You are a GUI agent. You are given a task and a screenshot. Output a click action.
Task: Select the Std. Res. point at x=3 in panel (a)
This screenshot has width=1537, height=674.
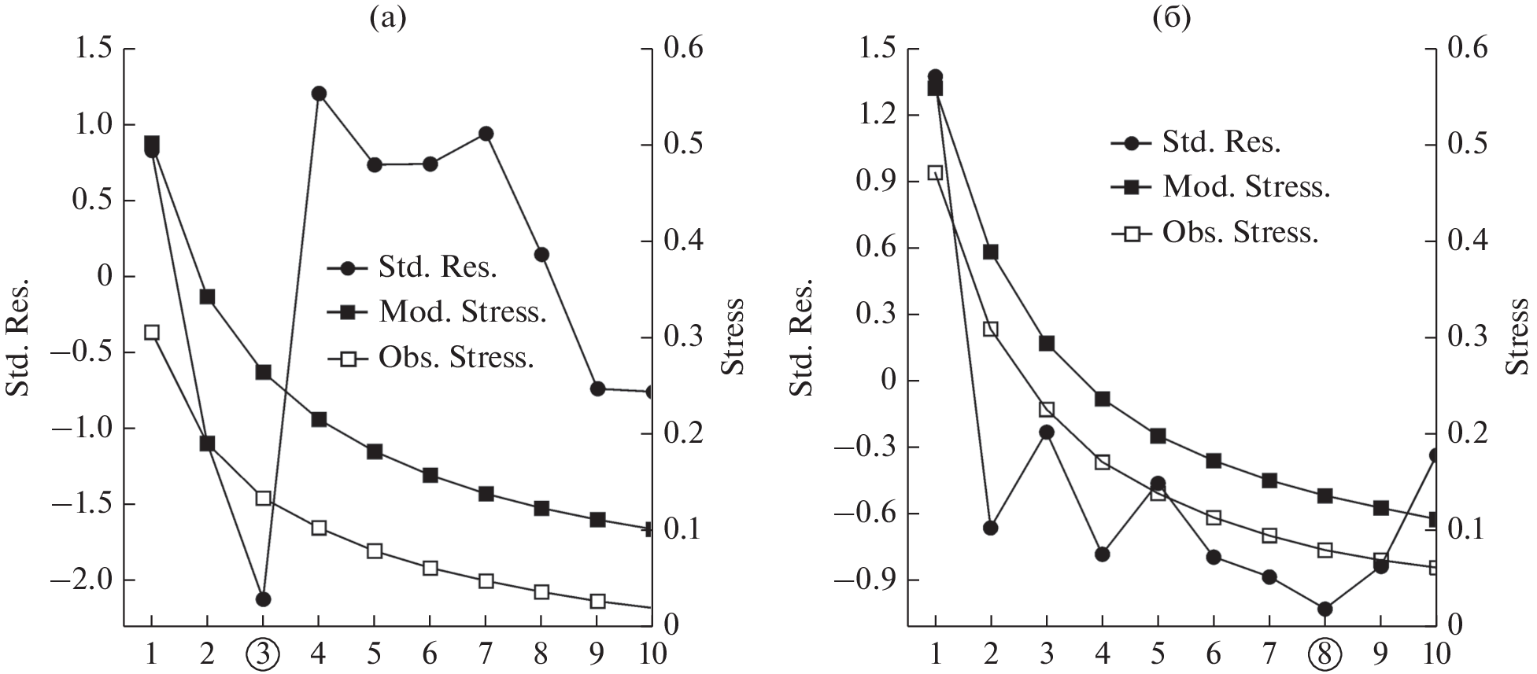[263, 599]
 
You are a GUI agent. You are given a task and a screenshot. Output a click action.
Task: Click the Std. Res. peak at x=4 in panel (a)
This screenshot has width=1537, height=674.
[319, 94]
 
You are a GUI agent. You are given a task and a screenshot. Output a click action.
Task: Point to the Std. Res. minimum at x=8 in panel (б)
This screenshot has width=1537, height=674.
[1325, 609]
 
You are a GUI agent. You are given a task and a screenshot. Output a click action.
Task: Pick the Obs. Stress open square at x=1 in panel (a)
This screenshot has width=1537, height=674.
[152, 332]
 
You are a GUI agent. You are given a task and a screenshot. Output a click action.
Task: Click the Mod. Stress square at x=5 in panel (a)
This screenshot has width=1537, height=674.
[375, 451]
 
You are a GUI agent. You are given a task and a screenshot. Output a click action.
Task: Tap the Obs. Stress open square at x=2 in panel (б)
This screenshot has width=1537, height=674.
[991, 329]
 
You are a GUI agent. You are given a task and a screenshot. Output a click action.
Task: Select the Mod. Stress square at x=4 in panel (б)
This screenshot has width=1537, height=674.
[1103, 399]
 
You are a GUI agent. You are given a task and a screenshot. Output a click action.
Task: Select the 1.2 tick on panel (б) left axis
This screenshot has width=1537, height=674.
[874, 116]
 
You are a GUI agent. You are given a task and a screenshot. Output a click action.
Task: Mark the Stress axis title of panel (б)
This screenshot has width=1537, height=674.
[1519, 337]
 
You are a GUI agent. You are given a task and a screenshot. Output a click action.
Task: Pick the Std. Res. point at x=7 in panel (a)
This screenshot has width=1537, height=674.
[486, 134]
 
